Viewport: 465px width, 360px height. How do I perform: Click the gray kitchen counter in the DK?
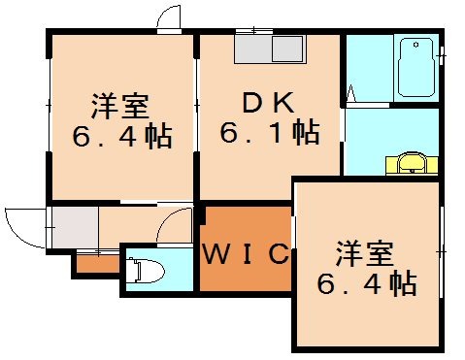[x=270, y=49]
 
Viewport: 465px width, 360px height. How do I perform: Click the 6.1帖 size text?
[x=260, y=131]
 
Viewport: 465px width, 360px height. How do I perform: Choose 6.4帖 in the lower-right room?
[x=368, y=283]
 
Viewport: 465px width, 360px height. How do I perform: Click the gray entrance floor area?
[x=74, y=227]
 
